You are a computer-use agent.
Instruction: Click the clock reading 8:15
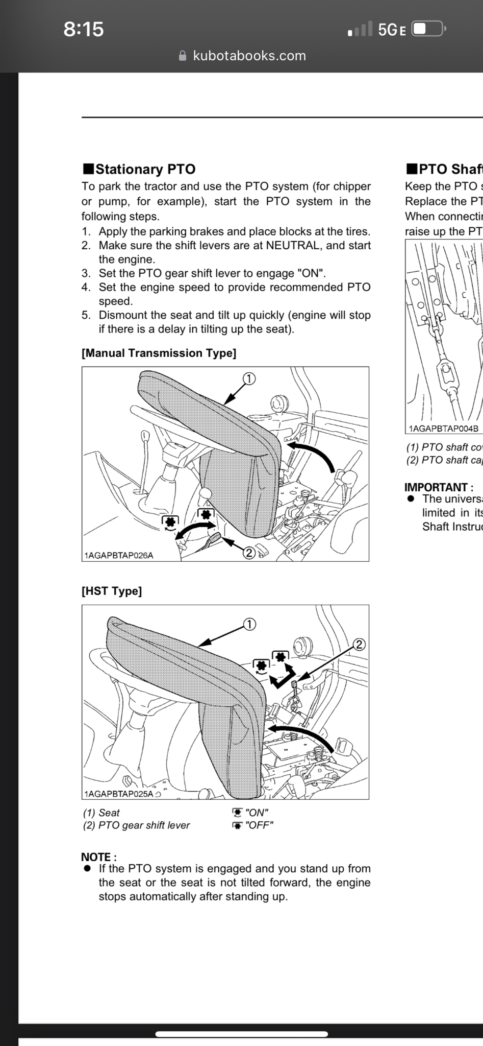[x=84, y=29]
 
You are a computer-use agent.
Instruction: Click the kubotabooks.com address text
[x=249, y=56]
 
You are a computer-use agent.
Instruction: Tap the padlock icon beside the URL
[x=183, y=56]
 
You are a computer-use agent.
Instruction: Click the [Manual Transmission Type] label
[x=159, y=353]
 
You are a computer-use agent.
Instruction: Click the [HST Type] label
[x=112, y=591]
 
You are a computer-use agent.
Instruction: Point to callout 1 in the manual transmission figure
[x=248, y=378]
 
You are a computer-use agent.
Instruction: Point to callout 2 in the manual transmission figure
[x=248, y=553]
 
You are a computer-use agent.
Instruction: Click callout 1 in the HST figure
[x=249, y=624]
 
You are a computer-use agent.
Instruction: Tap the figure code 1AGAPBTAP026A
[x=119, y=555]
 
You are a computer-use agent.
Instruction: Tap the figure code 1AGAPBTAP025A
[x=119, y=794]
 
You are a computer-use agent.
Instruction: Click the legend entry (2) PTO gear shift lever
[x=136, y=825]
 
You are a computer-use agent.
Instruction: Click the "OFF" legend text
[x=259, y=825]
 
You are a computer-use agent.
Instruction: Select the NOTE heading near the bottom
[x=98, y=857]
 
